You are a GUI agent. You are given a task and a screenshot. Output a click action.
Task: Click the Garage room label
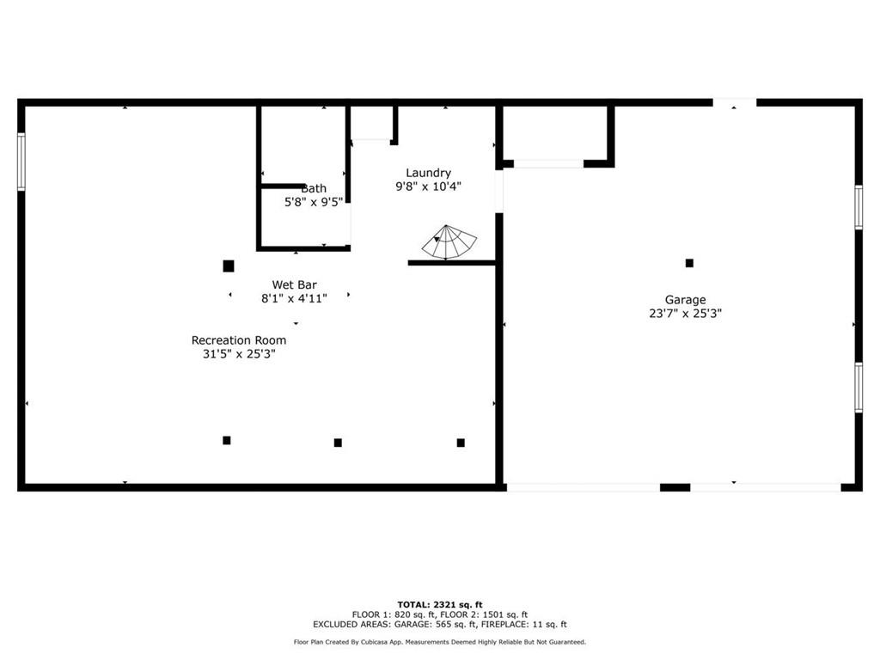pos(685,300)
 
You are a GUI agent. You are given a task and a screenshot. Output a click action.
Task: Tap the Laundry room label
pos(428,173)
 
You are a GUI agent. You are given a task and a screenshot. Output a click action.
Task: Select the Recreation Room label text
pos(239,340)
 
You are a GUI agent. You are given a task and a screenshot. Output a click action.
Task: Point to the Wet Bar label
pos(294,284)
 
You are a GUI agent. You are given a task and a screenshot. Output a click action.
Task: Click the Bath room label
pos(314,188)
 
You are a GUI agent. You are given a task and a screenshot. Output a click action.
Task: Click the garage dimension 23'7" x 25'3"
pos(685,314)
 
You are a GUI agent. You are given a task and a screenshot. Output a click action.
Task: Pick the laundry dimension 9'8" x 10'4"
pos(428,186)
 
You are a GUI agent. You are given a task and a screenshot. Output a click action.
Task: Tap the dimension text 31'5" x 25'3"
pos(239,354)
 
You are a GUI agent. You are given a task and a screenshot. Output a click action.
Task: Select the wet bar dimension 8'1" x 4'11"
pos(294,298)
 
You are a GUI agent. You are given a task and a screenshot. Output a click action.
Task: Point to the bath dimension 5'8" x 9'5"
pos(313,202)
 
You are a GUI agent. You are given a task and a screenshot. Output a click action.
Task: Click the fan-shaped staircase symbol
pos(449,242)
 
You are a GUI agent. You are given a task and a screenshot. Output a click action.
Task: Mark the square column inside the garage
pos(689,263)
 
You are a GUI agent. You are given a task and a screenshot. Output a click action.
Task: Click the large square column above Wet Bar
pos(229,266)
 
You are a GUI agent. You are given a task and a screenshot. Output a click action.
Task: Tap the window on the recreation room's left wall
pos(21,162)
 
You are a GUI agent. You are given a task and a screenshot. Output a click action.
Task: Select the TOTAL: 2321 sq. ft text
pos(440,604)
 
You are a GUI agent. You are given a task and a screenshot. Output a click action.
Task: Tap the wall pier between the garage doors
pos(675,488)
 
